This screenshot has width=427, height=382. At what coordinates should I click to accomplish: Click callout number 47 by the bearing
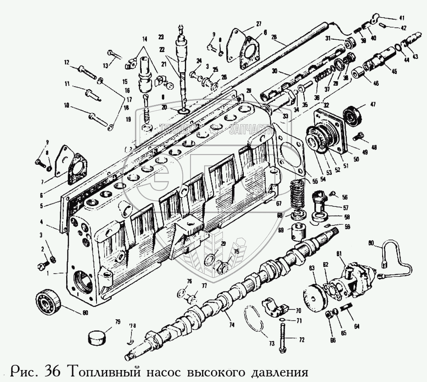(373, 105)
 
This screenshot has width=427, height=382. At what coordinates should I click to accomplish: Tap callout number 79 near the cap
(117, 322)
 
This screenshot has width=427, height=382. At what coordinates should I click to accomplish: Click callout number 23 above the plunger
(161, 37)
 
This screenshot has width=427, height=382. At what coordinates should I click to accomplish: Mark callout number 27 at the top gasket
(258, 24)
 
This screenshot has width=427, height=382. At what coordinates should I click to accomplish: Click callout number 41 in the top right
(402, 18)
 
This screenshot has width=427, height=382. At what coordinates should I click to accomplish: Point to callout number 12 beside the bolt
(66, 63)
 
